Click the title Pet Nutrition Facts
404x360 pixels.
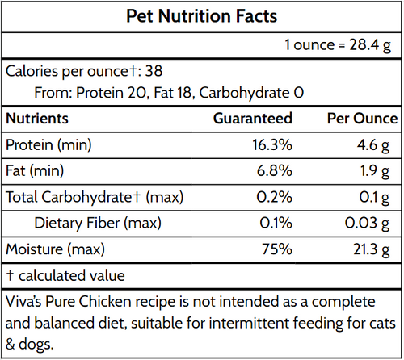coord(201,16)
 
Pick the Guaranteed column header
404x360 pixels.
coord(252,119)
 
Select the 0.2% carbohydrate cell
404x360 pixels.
coord(274,197)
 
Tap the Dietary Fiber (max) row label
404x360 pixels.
coord(98,223)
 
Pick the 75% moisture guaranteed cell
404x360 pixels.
coord(277,249)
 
